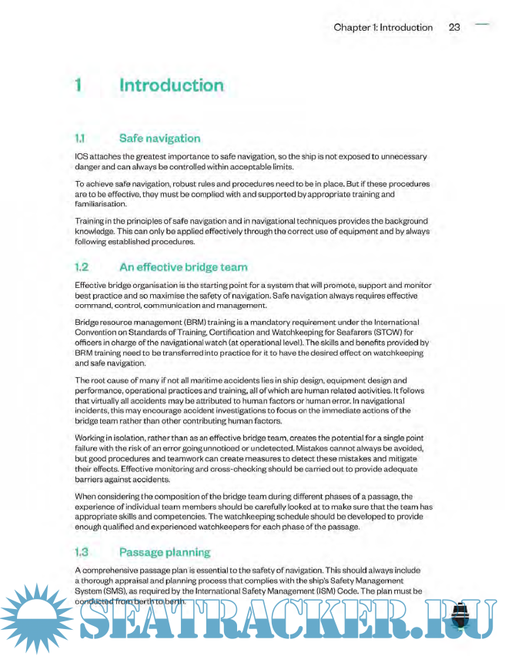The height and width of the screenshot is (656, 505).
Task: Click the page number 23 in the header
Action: pyautogui.click(x=454, y=27)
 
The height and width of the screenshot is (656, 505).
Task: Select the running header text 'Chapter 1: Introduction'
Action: pyautogui.click(x=383, y=27)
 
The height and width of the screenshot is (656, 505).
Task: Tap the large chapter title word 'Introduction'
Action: pyautogui.click(x=171, y=85)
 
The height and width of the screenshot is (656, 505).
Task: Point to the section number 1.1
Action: pyautogui.click(x=80, y=139)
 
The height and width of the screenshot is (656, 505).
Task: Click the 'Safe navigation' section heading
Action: pyautogui.click(x=160, y=139)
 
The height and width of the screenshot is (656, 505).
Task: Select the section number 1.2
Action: pyautogui.click(x=82, y=267)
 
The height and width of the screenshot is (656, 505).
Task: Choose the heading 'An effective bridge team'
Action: pyautogui.click(x=183, y=267)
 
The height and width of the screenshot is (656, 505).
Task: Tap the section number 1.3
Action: pyautogui.click(x=82, y=552)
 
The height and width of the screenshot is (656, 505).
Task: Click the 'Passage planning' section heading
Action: pyautogui.click(x=165, y=552)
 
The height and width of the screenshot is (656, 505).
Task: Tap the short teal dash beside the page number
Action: pyautogui.click(x=483, y=25)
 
